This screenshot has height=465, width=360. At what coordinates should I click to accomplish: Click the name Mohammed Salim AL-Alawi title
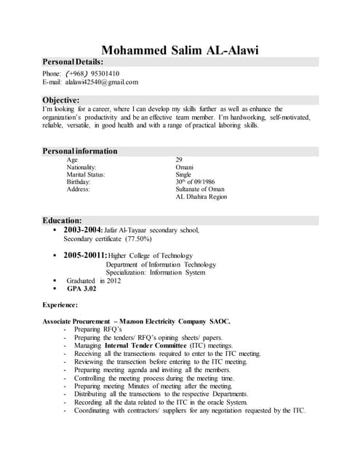tap(180, 50)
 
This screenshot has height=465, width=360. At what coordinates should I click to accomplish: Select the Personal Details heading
tap(73, 62)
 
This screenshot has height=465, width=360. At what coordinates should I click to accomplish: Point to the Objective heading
tap(60, 100)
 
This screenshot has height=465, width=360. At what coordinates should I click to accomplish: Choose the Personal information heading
tap(80, 151)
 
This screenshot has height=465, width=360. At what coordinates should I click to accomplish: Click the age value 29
tap(180, 159)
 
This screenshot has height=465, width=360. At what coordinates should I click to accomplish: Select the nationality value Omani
tap(185, 167)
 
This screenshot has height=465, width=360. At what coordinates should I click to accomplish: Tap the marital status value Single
tap(183, 174)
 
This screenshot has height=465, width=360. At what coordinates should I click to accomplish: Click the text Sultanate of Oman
tap(200, 189)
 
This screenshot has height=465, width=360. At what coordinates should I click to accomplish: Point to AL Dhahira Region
tap(201, 197)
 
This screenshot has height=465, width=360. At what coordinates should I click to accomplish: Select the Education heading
tap(62, 220)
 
